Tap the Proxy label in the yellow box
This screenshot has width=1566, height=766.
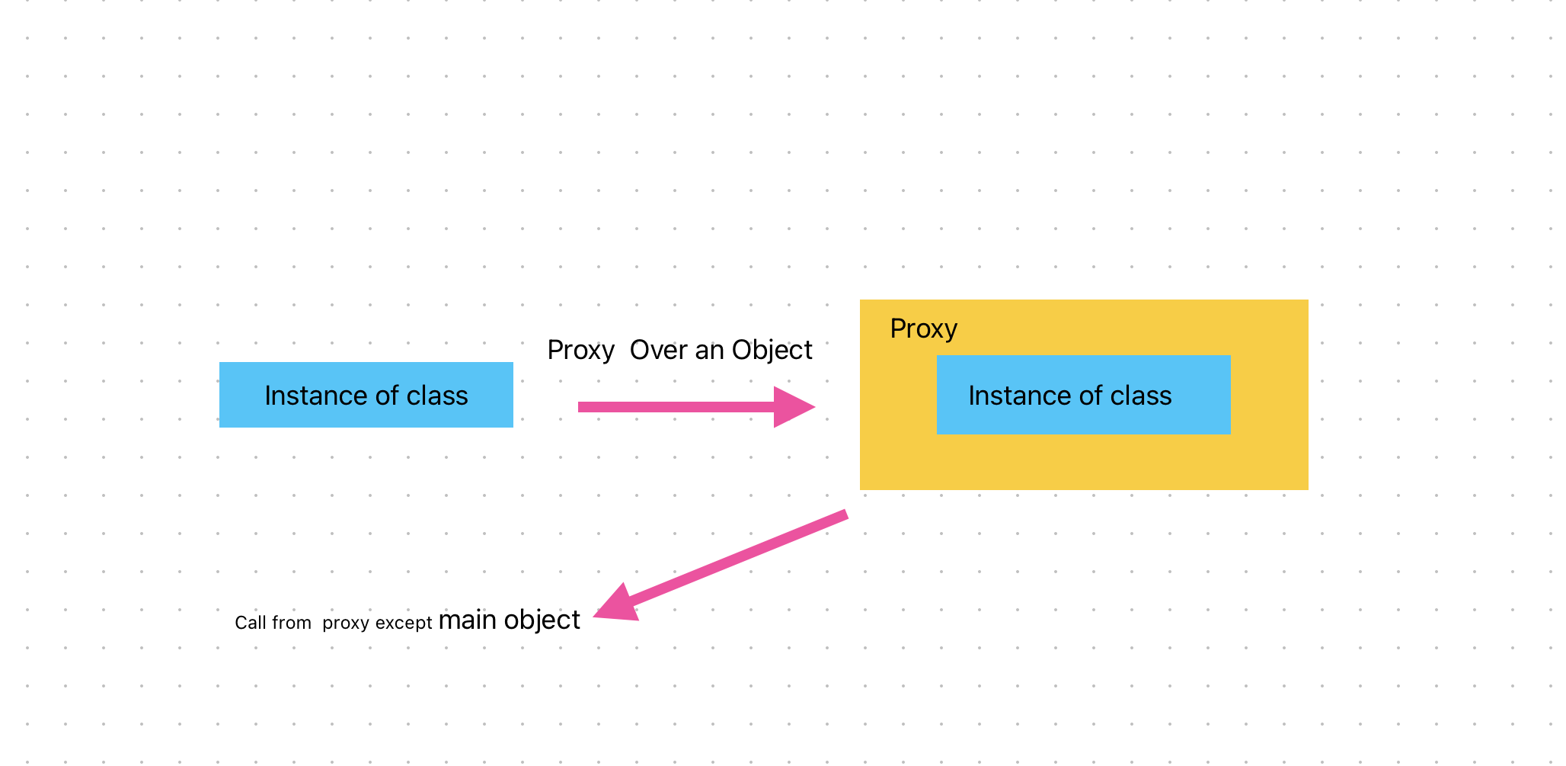point(923,329)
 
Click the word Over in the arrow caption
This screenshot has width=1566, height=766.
point(658,350)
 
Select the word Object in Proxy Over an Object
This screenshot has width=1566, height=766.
point(772,350)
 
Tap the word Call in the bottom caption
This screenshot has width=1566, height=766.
point(250,623)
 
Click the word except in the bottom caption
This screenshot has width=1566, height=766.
point(404,623)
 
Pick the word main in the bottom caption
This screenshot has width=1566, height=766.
point(467,620)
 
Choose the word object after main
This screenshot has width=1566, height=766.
point(542,620)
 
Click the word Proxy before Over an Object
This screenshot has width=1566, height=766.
point(580,350)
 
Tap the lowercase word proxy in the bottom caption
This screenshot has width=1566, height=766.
point(345,623)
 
